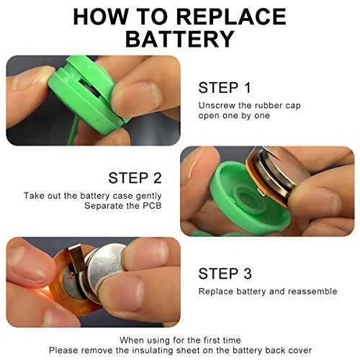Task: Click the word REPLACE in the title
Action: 232,17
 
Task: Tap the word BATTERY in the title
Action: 180,39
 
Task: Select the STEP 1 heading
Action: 225,88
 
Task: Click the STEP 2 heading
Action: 135,178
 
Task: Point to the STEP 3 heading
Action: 225,274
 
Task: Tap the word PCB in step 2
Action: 152,206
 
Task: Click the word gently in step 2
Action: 148,197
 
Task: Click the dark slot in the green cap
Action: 90,89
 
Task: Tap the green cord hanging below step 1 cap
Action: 72,132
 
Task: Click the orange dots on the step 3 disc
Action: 71,276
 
